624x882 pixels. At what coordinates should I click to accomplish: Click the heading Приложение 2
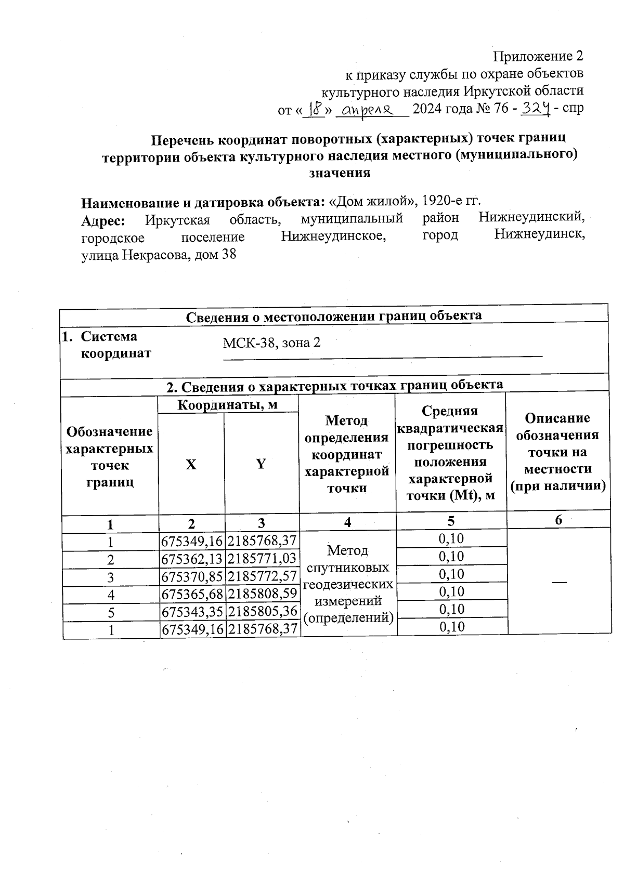[x=538, y=56]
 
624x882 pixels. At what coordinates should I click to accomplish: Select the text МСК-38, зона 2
[x=271, y=343]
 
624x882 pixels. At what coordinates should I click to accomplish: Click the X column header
[x=191, y=464]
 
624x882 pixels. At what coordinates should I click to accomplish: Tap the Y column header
[x=261, y=464]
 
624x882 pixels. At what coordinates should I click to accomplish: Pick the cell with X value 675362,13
[x=192, y=559]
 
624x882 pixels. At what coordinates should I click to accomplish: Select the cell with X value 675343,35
[x=192, y=612]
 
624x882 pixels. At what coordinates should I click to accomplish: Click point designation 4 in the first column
[x=111, y=595]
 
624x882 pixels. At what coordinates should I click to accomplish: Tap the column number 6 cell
[x=558, y=520]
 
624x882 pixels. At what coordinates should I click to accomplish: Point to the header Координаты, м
[x=228, y=405]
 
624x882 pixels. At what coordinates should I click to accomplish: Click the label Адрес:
[x=103, y=220]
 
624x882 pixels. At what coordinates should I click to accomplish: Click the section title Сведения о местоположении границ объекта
[x=334, y=315]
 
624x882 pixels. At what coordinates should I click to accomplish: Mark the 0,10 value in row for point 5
[x=451, y=609]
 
